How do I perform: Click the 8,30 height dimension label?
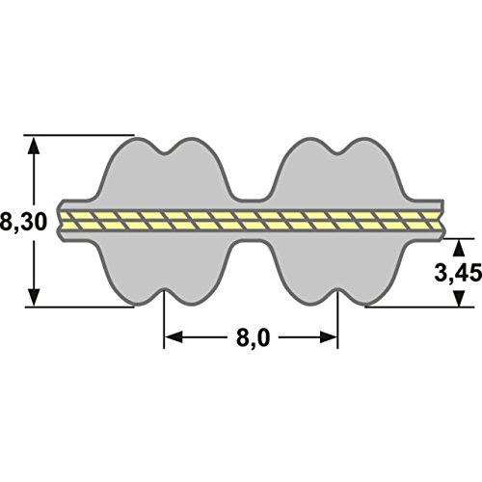[23, 222]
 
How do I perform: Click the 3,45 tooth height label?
[458, 274]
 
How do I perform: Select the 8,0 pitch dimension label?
[253, 337]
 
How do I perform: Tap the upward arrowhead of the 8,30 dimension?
[34, 147]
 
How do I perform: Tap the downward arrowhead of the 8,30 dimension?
[34, 296]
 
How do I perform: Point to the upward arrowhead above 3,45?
[460, 249]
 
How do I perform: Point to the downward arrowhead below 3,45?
[460, 298]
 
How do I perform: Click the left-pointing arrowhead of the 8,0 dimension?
[174, 337]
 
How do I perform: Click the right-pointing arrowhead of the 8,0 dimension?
[329, 337]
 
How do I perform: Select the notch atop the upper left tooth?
[166, 153]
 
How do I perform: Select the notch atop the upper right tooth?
[337, 153]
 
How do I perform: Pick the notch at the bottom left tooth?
[164, 290]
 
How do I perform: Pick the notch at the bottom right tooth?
[337, 290]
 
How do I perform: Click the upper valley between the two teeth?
[252, 200]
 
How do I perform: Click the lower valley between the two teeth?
[252, 242]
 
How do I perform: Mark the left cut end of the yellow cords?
[61, 221]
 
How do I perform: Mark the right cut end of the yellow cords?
[442, 221]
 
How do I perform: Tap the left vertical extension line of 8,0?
[164, 319]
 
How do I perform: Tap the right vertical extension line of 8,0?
[337, 319]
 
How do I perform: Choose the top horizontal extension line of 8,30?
[79, 135]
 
